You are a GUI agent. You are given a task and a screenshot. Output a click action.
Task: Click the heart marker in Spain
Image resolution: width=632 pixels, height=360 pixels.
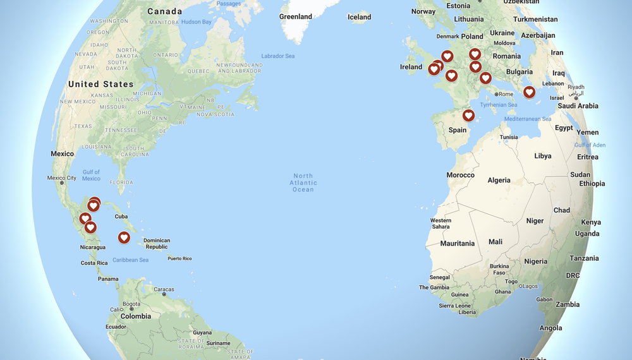[x=468, y=116]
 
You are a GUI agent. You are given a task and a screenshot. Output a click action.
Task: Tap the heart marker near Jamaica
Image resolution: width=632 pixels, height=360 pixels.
[x=124, y=237]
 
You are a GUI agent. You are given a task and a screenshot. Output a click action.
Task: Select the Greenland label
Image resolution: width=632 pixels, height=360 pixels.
[x=296, y=16]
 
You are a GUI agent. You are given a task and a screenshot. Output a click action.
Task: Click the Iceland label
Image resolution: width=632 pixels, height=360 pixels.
[x=359, y=17]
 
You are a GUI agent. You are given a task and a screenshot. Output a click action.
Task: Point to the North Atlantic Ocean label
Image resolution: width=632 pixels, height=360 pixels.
[x=303, y=183]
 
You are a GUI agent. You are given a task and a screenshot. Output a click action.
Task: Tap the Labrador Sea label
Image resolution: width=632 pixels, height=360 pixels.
[x=277, y=56]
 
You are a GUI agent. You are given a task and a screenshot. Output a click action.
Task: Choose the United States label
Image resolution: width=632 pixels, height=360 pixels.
[x=101, y=84]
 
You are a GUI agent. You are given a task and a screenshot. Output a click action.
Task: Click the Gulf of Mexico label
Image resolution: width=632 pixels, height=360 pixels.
[x=91, y=175]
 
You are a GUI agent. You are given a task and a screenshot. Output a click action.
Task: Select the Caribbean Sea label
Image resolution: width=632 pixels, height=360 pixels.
[x=130, y=260]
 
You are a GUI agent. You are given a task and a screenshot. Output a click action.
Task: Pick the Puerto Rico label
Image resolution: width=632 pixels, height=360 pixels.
[x=179, y=258]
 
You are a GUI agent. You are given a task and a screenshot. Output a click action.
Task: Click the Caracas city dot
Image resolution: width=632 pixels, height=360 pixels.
[x=164, y=294]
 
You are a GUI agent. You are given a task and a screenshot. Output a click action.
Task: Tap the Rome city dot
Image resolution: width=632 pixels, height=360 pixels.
[x=497, y=94]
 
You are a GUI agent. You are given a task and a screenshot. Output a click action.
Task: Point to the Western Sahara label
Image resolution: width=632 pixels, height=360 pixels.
[x=441, y=224]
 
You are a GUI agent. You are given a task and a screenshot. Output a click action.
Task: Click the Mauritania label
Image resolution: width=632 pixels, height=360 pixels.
[x=457, y=243]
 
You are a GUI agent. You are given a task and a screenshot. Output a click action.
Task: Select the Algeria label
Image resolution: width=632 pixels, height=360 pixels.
[x=499, y=180]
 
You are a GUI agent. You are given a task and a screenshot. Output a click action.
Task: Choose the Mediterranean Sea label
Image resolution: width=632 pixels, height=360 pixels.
[x=528, y=119]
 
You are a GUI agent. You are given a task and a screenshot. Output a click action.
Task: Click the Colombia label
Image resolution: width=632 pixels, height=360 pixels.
[x=136, y=316]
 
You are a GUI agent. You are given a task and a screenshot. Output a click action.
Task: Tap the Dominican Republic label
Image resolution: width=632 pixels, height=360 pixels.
[x=157, y=243]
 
